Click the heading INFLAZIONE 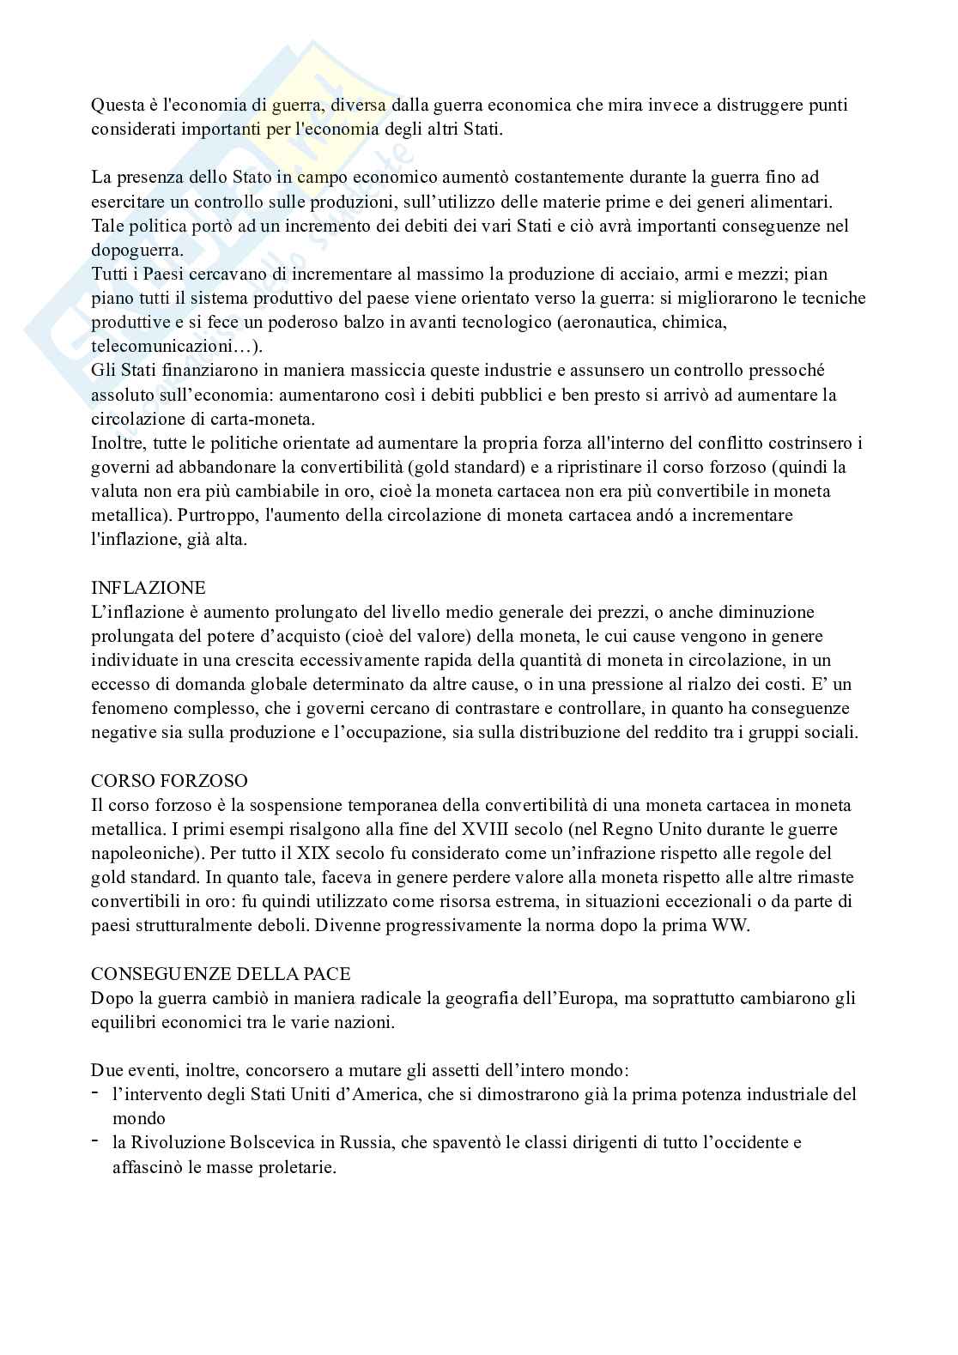tap(149, 589)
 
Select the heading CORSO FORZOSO tap(169, 781)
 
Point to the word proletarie tap(295, 1168)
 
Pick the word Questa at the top tap(118, 105)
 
